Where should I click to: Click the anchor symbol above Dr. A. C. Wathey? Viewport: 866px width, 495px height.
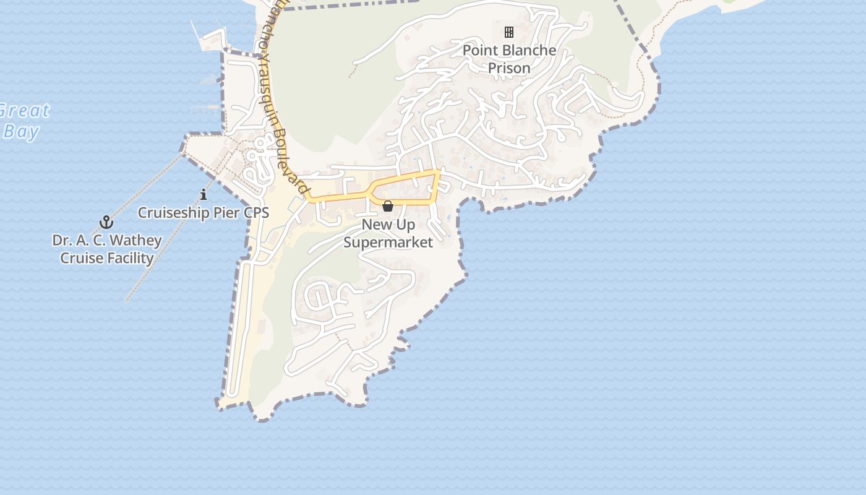[106, 222]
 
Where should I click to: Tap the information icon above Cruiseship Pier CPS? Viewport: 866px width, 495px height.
[204, 195]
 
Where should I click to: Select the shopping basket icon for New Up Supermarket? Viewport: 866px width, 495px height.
[388, 206]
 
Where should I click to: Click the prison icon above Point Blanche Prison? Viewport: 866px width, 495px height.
[509, 32]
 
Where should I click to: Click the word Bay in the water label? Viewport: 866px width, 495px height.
[21, 132]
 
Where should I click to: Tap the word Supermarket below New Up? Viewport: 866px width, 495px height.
[388, 242]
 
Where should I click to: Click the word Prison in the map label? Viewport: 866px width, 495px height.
[509, 68]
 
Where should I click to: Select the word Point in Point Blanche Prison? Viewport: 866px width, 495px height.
[479, 50]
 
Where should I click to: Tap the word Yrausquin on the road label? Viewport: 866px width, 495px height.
[270, 80]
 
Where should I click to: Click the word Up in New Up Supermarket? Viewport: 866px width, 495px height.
[406, 225]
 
